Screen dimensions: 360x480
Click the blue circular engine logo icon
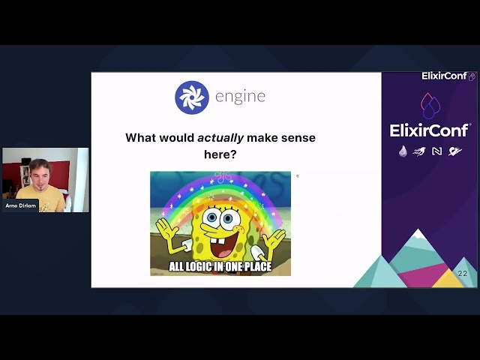point(191,97)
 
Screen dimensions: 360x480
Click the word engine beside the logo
point(240,97)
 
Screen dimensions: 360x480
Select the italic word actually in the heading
point(220,138)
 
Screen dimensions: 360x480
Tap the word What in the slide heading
point(141,138)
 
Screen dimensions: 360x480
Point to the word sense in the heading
point(298,138)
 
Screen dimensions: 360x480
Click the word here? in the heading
point(220,154)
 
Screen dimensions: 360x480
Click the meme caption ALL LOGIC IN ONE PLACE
point(220,266)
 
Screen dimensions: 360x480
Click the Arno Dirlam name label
point(20,205)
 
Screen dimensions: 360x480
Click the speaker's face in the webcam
point(38,175)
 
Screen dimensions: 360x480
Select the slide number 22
point(462,274)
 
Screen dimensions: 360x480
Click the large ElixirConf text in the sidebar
point(430,130)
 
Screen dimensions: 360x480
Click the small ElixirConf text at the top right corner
point(444,76)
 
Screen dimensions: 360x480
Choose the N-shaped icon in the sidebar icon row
point(436,151)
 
